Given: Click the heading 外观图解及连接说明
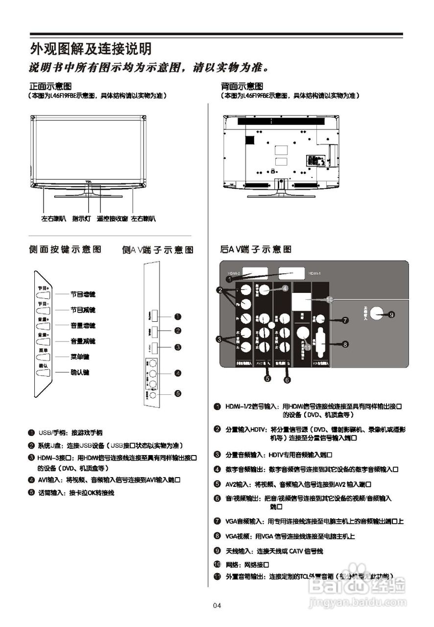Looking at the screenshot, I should [x=91, y=49].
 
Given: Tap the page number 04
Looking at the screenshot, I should [x=217, y=605].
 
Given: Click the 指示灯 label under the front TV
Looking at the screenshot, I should [x=81, y=218].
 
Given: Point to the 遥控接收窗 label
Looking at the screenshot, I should [x=112, y=218].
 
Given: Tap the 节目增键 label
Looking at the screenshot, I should [x=83, y=295].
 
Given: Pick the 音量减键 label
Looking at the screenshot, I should [x=83, y=341].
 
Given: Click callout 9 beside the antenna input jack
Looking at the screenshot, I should [x=391, y=315].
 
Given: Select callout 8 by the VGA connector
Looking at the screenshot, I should [x=345, y=344].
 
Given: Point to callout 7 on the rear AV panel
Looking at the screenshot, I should [x=345, y=320].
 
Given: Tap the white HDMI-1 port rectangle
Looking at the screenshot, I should [x=292, y=273].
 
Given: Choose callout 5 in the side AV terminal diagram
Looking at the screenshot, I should [x=178, y=393].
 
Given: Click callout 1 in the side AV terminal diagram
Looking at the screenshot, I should [x=178, y=316].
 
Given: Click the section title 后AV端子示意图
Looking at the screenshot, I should [x=256, y=250].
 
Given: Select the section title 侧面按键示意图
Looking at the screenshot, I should [x=65, y=250].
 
